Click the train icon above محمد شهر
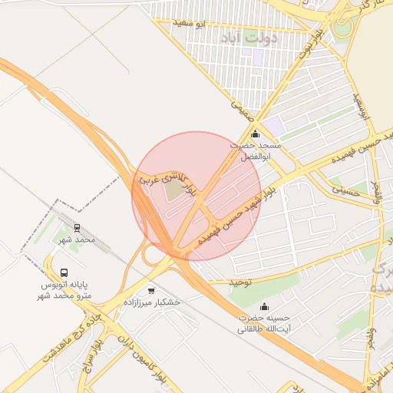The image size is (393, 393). pos(78,227)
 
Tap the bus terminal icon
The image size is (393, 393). pos(64,272)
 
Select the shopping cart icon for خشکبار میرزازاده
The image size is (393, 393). pos(151,291)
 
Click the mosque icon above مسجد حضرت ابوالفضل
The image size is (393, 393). pos(256,134)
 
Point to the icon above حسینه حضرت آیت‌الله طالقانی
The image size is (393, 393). pos(266,306)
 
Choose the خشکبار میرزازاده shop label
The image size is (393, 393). pos(156,302)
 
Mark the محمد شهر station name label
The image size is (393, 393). pos(78,239)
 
